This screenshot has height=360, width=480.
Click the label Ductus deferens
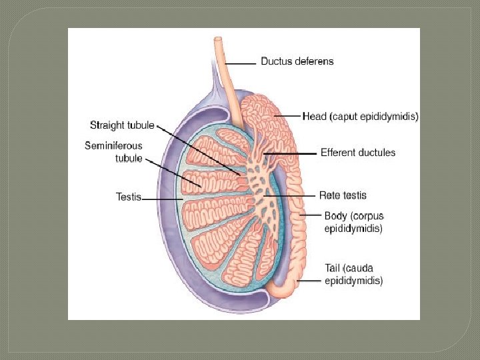297,61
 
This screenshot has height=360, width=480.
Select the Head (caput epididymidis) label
361,117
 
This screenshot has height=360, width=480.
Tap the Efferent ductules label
358,153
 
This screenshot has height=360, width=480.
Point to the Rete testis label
343,195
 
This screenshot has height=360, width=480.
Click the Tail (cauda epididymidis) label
353,275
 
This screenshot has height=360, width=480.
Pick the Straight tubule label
122,125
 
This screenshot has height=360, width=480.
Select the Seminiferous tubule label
113,151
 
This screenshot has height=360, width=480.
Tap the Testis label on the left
128,197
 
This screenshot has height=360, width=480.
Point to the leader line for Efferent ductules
293,153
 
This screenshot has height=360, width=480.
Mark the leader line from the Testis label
160,198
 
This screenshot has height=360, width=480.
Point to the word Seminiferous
113,145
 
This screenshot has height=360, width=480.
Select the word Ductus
275,61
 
